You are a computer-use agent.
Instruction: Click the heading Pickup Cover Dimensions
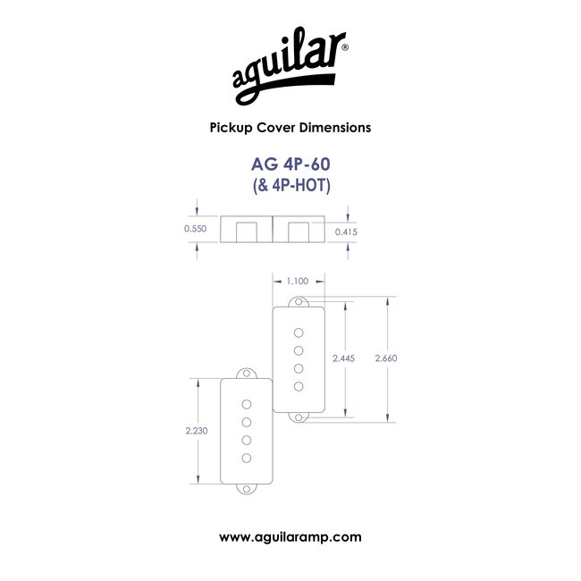tap(290, 128)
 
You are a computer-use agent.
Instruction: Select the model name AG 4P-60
tap(290, 165)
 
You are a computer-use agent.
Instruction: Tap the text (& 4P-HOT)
tap(290, 186)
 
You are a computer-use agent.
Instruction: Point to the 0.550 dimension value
tap(195, 230)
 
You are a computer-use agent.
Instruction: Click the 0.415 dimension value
tap(346, 232)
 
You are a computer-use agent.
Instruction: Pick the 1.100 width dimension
tap(298, 281)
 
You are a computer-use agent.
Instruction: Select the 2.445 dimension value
tap(344, 358)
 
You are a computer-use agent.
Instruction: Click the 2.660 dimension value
tap(385, 358)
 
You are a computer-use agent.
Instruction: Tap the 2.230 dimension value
tap(196, 430)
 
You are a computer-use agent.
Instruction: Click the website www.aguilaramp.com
tap(290, 537)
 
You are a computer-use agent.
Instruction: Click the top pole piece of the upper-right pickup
tap(298, 332)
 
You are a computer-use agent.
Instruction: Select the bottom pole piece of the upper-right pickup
tap(298, 386)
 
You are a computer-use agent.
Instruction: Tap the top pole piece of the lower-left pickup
tap(246, 403)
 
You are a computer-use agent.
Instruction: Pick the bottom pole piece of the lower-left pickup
tap(246, 458)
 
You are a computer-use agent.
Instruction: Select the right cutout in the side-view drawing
tap(298, 232)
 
